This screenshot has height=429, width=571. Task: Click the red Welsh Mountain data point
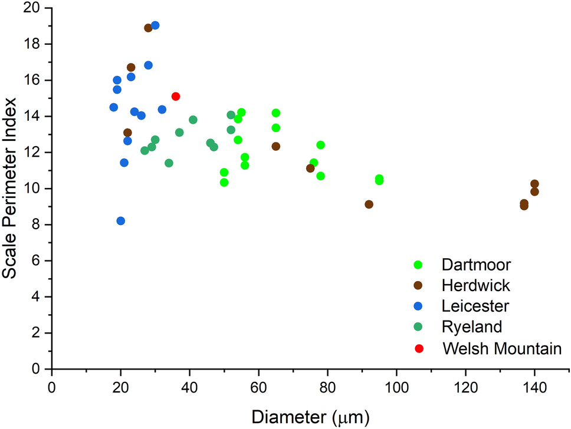click(176, 96)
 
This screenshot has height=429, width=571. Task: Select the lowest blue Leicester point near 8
click(121, 221)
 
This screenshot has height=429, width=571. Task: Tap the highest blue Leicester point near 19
click(155, 25)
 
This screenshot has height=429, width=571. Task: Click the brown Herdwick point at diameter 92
click(369, 204)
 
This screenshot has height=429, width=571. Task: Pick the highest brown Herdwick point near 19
click(148, 28)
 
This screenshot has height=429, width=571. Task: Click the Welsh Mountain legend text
click(501, 348)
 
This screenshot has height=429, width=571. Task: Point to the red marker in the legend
click(419, 348)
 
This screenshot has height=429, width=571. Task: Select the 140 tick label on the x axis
click(534, 390)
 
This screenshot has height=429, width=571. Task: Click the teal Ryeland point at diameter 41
click(193, 120)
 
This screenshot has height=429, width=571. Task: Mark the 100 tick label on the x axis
click(396, 390)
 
